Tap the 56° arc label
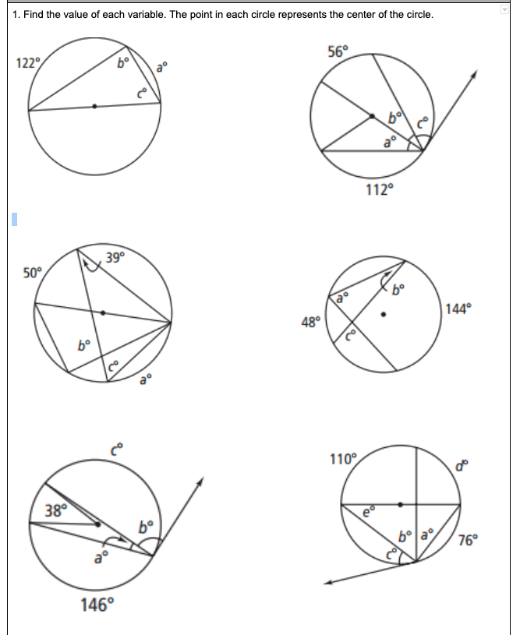tap(338, 53)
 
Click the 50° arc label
tap(33, 273)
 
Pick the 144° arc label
tap(458, 308)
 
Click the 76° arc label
tap(469, 542)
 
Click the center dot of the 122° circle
tap(94, 107)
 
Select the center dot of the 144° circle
tap(383, 315)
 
